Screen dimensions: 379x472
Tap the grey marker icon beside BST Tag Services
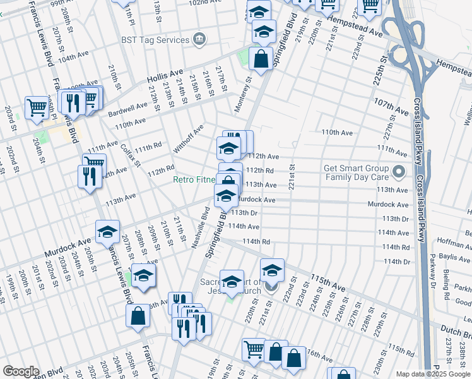click(199, 40)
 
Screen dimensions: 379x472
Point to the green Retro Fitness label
click(195, 180)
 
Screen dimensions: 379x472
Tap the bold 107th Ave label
click(392, 106)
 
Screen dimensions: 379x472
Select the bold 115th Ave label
click(329, 282)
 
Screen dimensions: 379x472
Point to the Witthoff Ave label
click(189, 139)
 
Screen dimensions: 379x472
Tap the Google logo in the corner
click(21, 371)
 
